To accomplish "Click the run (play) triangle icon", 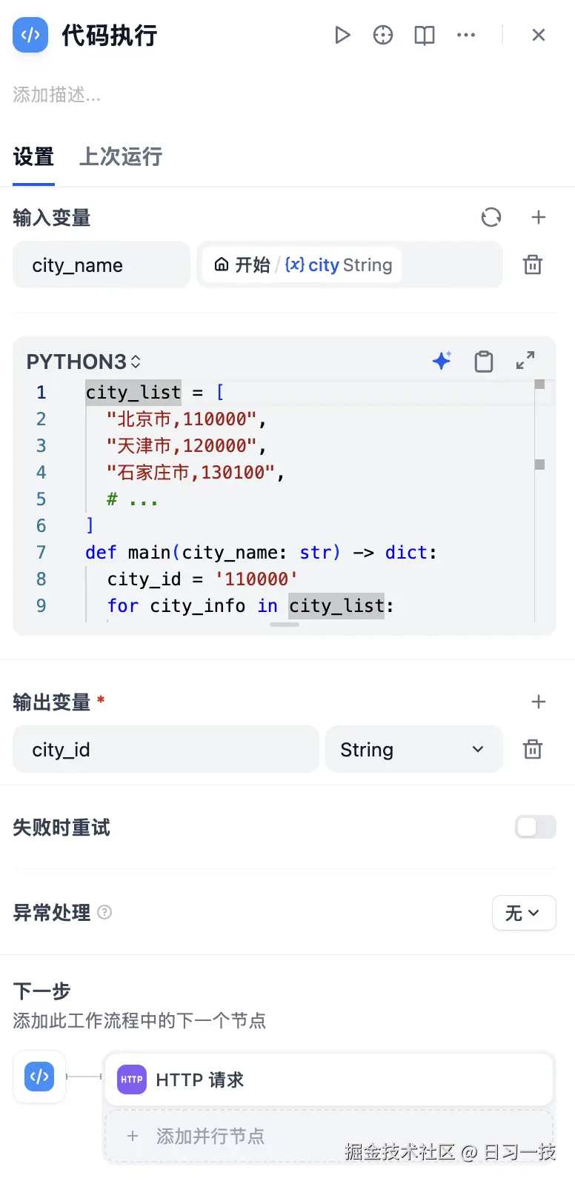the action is (x=342, y=36).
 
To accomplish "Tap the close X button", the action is (x=538, y=36).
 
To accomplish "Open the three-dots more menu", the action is (x=466, y=36).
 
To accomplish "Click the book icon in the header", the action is (x=424, y=36).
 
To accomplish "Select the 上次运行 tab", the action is (x=121, y=156).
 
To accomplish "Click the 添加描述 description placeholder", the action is (x=56, y=95).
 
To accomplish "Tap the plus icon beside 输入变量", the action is (x=538, y=217).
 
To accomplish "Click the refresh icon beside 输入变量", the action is (x=491, y=217).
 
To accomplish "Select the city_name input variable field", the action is (x=102, y=265).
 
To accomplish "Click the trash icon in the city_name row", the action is (x=532, y=265).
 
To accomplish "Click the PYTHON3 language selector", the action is (x=83, y=362).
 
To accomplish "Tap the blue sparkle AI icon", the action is (x=442, y=361).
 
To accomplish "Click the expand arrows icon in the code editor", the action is (x=525, y=361).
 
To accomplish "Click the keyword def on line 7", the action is (x=101, y=553).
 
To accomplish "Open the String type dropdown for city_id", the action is (x=413, y=749).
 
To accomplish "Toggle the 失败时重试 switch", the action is (x=536, y=827).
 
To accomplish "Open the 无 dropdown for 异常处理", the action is (x=524, y=913).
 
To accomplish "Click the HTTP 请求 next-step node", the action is (x=329, y=1079).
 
